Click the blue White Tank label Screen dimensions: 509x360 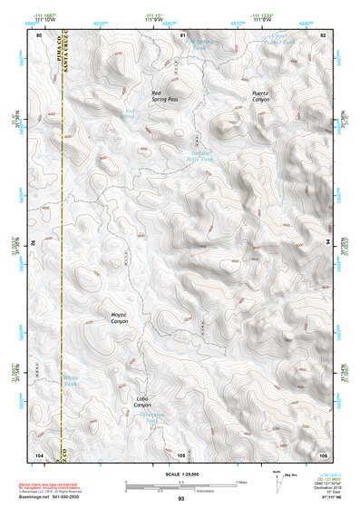[x=71, y=382]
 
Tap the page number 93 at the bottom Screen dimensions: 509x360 [x=180, y=499]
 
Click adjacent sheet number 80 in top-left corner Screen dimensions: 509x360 [x=39, y=34]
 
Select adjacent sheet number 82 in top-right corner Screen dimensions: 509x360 [x=323, y=34]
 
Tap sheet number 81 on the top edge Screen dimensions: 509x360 [x=181, y=34]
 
